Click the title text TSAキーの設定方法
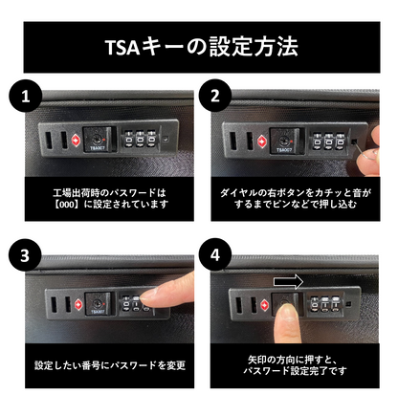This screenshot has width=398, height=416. point(202,47)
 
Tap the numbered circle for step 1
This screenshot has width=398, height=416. point(26,96)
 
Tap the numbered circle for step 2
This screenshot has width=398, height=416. point(215,96)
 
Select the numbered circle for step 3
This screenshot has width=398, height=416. point(25,255)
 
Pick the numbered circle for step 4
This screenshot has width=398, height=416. point(215,254)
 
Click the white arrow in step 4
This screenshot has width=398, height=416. point(288,282)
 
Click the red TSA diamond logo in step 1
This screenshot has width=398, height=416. point(76,141)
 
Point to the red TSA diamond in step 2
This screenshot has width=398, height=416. point(261,141)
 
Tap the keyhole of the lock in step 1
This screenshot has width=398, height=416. point(97,140)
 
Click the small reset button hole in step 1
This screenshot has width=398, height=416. point(166,139)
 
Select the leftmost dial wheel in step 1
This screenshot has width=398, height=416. point(129,139)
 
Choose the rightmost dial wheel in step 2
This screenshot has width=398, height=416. point(341,141)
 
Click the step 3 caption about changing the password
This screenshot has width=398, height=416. point(110,365)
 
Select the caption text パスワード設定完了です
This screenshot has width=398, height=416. point(295,371)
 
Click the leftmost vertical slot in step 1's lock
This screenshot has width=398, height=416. point(48,141)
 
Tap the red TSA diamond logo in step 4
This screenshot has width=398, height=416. point(264,305)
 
